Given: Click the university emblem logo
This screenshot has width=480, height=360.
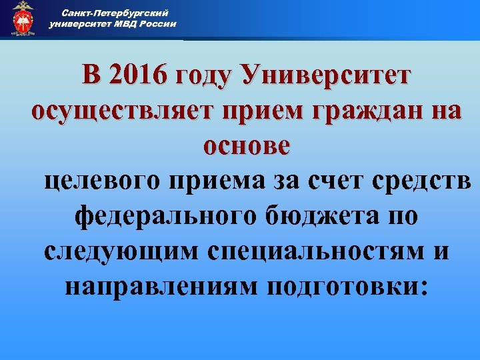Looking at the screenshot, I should coord(23,18).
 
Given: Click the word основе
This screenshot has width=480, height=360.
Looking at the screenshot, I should coord(247,144).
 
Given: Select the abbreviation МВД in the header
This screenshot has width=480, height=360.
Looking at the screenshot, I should coord(121,23).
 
